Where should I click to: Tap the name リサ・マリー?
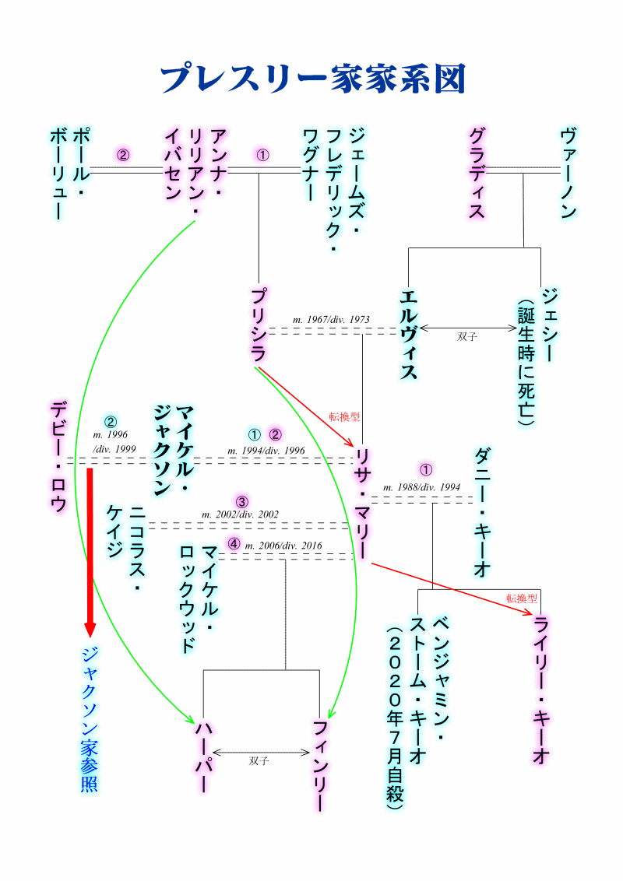[362, 503]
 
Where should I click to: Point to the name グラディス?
[477, 173]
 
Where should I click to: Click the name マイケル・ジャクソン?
[173, 450]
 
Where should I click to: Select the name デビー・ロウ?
[58, 456]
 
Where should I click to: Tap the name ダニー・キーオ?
[481, 511]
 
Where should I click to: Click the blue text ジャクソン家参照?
[90, 718]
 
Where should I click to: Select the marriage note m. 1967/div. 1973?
[331, 320]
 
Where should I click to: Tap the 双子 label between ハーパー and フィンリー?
[259, 761]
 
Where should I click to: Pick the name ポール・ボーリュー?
[68, 173]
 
